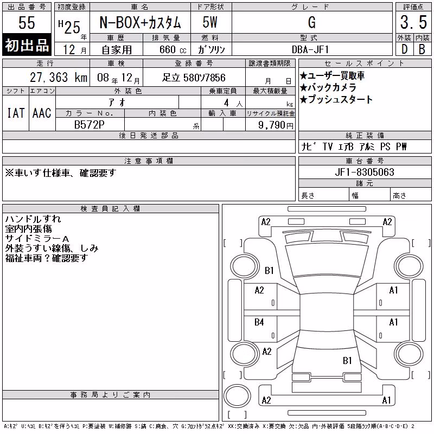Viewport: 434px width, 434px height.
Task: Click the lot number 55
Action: point(27,22)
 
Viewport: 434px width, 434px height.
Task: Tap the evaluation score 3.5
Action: point(413,22)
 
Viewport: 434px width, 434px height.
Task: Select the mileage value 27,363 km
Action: point(59,78)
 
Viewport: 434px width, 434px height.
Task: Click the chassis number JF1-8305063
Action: point(364,172)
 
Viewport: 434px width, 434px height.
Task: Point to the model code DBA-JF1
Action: point(310,49)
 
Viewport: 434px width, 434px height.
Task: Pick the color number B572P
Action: point(90,125)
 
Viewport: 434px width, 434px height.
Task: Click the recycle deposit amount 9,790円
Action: point(276,125)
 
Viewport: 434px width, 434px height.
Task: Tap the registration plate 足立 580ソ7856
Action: point(194,78)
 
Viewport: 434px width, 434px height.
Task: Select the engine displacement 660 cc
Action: point(173,50)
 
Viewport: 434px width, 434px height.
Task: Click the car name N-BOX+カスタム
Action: point(140,22)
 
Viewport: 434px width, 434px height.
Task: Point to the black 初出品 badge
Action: point(27,44)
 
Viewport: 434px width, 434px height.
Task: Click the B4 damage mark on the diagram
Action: point(259,322)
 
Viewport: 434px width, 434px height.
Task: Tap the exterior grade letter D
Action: point(404,49)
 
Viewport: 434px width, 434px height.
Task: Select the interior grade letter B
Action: point(422,49)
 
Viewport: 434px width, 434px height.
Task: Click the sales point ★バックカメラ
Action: point(328,87)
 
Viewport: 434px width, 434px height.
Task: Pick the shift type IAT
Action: point(16,113)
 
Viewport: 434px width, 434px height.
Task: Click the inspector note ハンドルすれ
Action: point(33,219)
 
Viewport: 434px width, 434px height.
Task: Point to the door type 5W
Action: point(210,22)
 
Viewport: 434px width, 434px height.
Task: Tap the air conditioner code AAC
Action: point(42,113)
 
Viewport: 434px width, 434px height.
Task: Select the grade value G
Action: point(312,22)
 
